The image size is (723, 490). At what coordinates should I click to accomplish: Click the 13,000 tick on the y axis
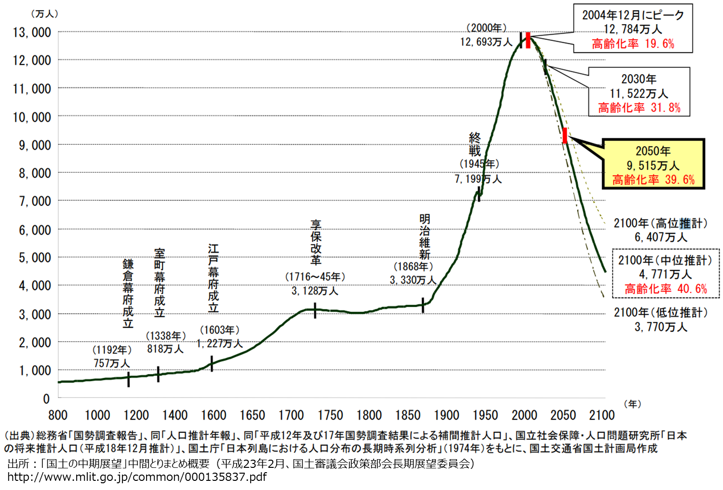click(x=32, y=32)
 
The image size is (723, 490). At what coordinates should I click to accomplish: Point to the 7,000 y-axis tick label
click(x=34, y=201)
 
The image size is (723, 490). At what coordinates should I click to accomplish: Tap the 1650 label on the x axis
click(x=253, y=415)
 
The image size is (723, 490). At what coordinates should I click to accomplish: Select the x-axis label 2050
click(x=563, y=415)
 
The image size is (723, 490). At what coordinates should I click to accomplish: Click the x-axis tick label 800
click(x=58, y=415)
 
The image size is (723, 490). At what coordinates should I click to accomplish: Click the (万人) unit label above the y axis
click(x=44, y=14)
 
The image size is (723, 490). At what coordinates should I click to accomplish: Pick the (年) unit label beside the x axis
click(x=632, y=404)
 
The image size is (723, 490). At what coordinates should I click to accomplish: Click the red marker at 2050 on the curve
click(x=564, y=135)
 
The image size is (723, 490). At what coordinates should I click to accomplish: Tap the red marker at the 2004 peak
click(x=528, y=40)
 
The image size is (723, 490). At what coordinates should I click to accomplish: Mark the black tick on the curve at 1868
click(x=423, y=305)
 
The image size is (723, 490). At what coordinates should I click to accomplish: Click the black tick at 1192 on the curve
click(x=129, y=379)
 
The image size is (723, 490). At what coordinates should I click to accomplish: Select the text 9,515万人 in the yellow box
click(x=653, y=166)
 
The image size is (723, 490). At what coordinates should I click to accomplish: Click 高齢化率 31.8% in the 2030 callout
click(x=639, y=108)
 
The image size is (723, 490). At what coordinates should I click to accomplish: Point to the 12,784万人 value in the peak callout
click(x=633, y=29)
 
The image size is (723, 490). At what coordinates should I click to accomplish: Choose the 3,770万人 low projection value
click(x=660, y=327)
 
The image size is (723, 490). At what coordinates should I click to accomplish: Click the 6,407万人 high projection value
click(x=660, y=237)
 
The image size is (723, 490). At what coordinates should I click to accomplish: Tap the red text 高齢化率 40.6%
click(x=666, y=289)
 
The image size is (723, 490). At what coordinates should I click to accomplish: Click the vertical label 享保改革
click(x=316, y=243)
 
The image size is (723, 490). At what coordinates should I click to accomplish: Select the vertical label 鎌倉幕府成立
click(x=128, y=294)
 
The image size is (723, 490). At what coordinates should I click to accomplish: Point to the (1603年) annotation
click(x=220, y=330)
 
